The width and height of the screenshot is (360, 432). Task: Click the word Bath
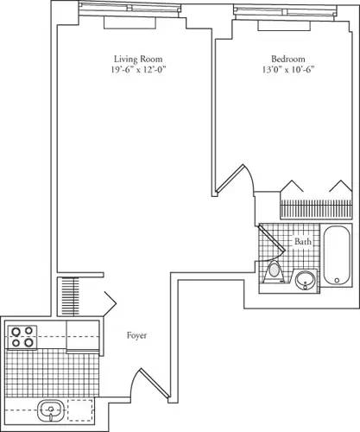302,243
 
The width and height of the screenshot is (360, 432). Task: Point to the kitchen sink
49,410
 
